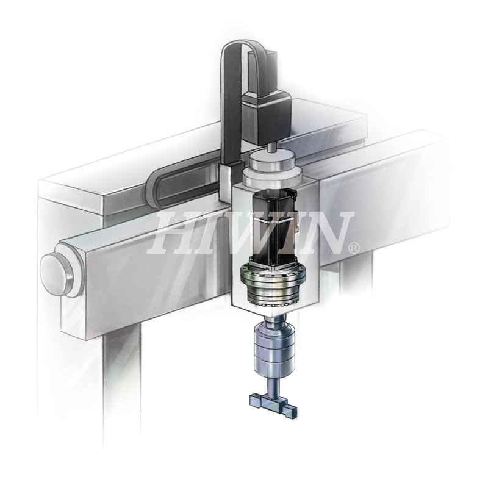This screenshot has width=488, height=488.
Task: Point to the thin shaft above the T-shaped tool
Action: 274,386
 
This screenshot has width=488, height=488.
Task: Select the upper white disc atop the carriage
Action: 272,160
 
